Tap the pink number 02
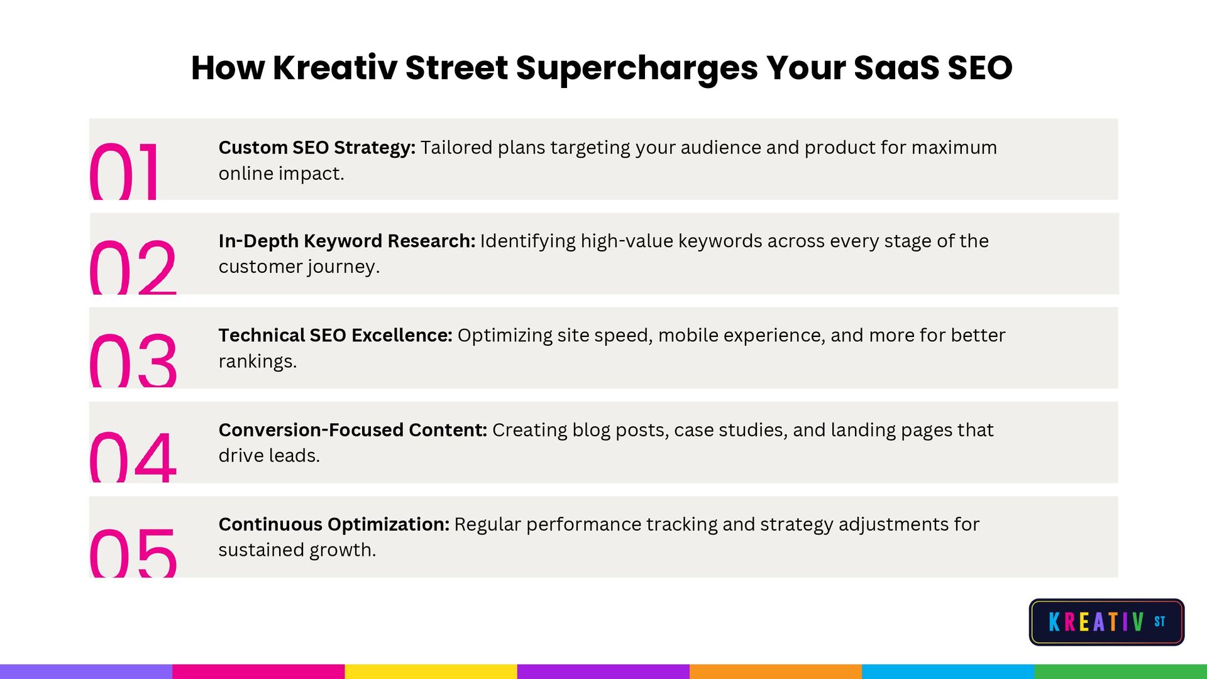133,267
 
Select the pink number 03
133,360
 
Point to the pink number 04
133,457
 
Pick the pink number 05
133,552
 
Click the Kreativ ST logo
1106,622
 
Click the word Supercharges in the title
637,69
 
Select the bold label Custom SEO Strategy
317,148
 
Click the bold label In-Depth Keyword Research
347,241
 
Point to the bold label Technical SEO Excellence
336,336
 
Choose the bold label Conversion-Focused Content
353,430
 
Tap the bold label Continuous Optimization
334,524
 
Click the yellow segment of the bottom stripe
431,671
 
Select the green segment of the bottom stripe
1121,671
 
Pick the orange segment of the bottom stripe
776,671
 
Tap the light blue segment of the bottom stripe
949,671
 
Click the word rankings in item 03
258,362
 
